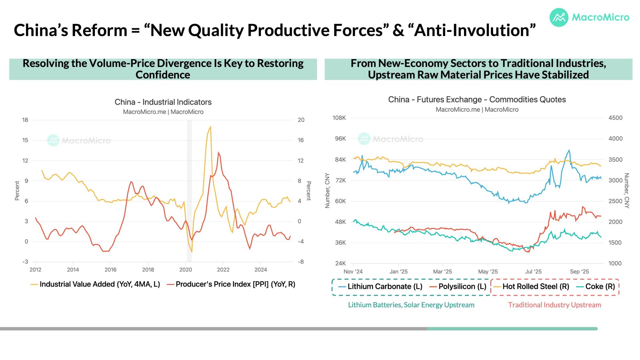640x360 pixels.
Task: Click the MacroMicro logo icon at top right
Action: (x=559, y=17)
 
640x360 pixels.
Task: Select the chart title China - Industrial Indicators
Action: (x=163, y=102)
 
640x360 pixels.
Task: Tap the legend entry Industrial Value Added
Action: (x=100, y=284)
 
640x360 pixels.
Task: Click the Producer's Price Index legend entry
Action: (x=235, y=284)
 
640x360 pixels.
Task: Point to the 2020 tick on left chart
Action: (x=186, y=270)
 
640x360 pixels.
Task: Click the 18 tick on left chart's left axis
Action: (x=25, y=120)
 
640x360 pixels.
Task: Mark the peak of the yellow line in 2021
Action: (x=210, y=127)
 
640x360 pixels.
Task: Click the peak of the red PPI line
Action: (x=218, y=153)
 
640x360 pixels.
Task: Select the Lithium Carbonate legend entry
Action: (x=385, y=287)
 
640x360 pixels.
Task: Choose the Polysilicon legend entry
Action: (x=462, y=287)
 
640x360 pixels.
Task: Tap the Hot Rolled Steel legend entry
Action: (x=536, y=287)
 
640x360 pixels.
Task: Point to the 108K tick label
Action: (x=339, y=118)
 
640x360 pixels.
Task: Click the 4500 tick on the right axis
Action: (x=615, y=118)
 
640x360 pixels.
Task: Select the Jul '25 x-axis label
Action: (x=533, y=272)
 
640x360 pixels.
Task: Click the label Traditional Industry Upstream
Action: (x=554, y=305)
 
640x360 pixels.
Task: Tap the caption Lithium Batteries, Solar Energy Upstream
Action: (x=411, y=305)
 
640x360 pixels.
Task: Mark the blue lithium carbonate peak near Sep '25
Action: (x=569, y=150)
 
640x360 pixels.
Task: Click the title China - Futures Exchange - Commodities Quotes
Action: (x=477, y=100)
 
